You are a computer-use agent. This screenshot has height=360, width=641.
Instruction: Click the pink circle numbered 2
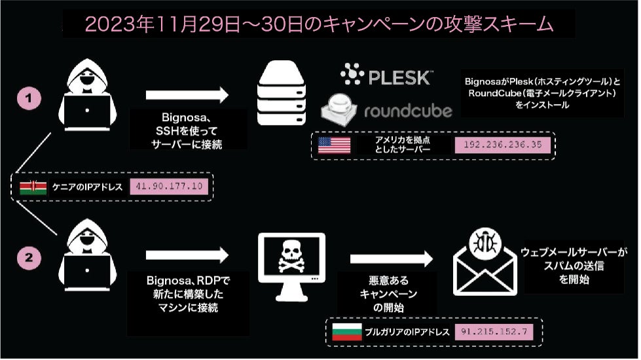[29, 258]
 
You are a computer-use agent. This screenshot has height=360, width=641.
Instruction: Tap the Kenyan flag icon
[33, 187]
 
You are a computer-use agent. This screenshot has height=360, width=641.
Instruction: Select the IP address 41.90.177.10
[169, 187]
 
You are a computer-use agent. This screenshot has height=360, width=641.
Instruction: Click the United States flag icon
[334, 145]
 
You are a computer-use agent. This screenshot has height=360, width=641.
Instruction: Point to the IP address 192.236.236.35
[502, 145]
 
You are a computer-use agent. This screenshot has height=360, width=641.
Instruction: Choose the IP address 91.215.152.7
[494, 331]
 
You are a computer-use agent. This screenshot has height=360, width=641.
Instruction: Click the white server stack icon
[282, 91]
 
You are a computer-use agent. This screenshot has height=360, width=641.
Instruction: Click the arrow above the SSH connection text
[187, 94]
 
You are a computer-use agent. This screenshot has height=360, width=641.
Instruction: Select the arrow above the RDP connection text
[187, 254]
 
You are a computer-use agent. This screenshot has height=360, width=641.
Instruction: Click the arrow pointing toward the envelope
[392, 258]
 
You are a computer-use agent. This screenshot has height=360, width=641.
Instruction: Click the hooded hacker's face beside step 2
[86, 232]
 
